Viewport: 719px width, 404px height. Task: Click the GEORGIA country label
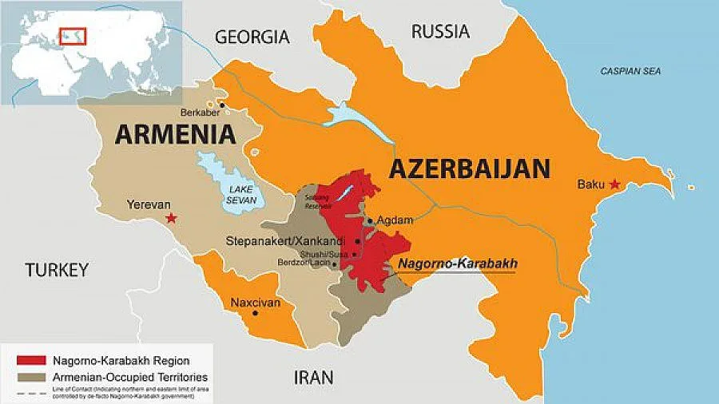click(x=252, y=37)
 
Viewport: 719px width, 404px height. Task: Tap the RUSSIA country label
click(x=440, y=32)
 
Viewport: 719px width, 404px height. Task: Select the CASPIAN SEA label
click(x=631, y=72)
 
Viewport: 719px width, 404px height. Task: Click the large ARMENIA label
click(x=175, y=133)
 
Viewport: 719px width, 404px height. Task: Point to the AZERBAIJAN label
click(x=470, y=168)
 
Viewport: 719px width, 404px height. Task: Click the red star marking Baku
click(x=614, y=184)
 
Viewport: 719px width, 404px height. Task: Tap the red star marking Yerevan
click(x=169, y=218)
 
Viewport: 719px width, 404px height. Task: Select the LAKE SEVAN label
click(x=240, y=194)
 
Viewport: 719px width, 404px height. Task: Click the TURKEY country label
click(x=56, y=270)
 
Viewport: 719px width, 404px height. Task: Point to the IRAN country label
click(x=313, y=377)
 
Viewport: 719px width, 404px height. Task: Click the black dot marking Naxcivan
click(x=255, y=313)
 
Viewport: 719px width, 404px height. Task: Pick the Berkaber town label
click(x=201, y=113)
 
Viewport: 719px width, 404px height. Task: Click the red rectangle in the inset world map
click(x=73, y=35)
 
